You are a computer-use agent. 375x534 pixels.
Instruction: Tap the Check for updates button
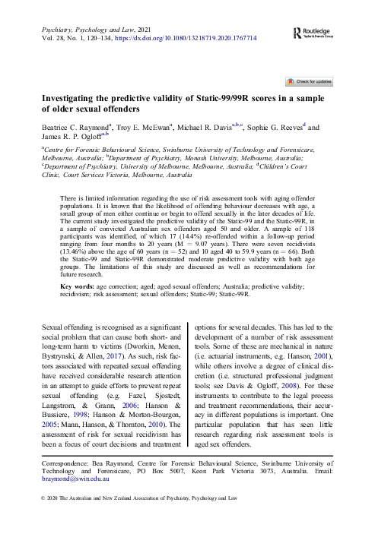click(309, 80)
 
